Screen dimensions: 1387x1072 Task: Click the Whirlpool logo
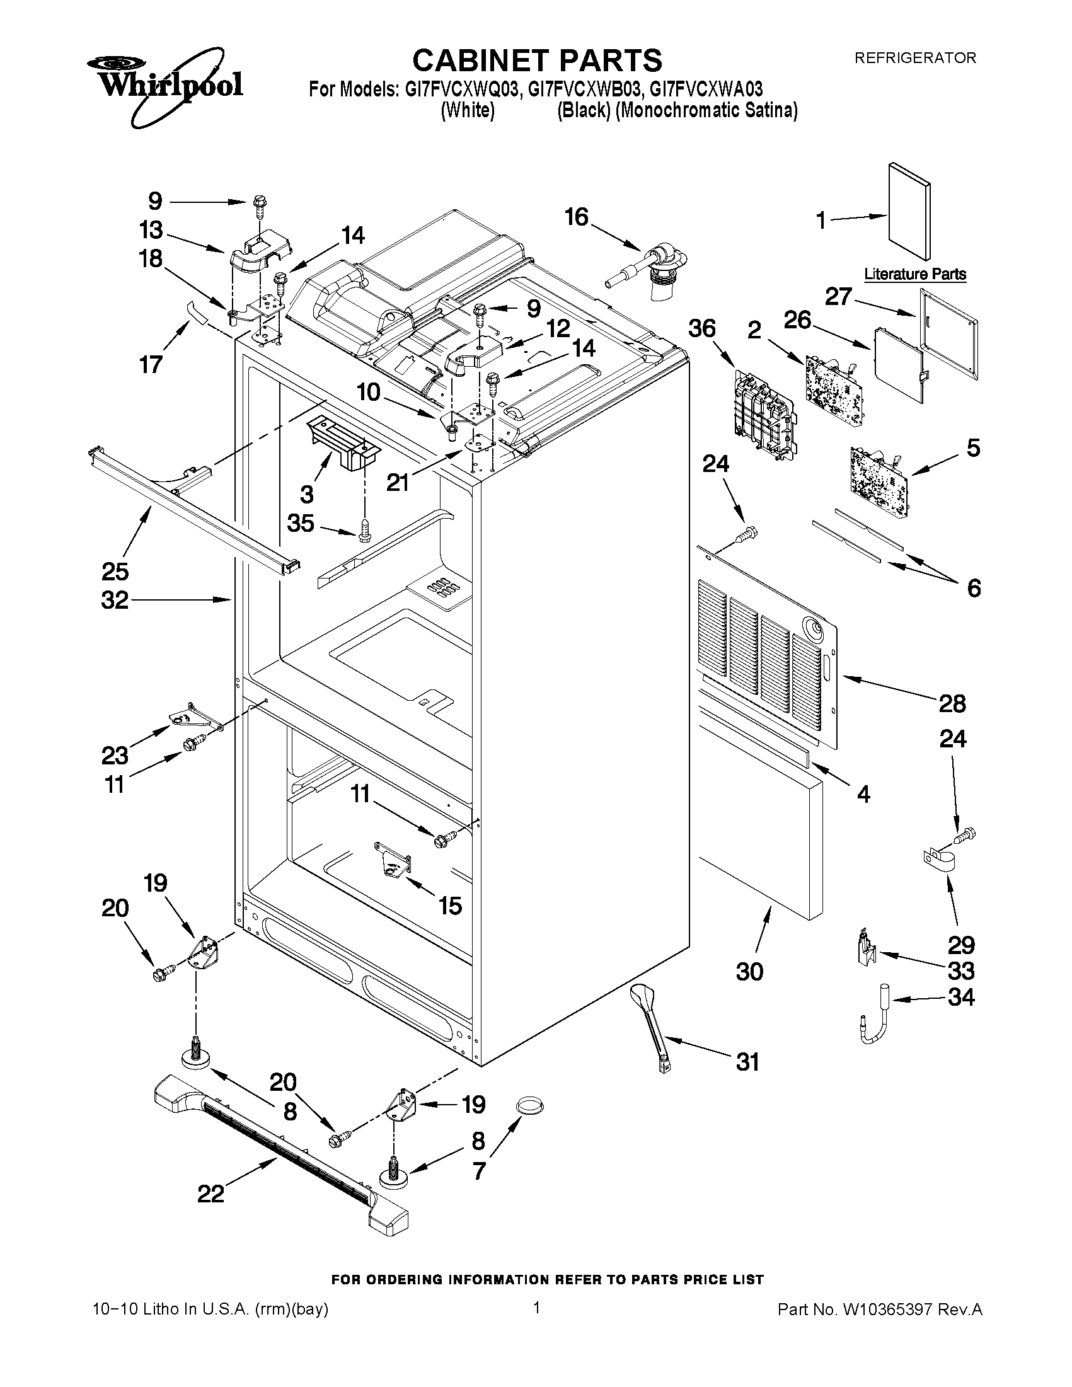point(164,84)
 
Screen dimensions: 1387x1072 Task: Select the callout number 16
point(577,218)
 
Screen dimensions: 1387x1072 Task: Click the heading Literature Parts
point(914,274)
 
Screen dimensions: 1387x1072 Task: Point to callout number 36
point(702,330)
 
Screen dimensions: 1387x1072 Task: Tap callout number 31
point(747,1062)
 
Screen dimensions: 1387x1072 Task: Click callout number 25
point(115,572)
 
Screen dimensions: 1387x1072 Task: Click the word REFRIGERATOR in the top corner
point(914,59)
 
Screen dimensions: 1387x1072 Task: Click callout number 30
point(749,971)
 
